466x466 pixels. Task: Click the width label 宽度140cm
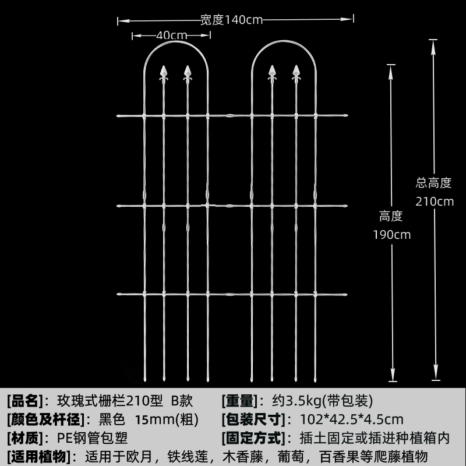point(231,20)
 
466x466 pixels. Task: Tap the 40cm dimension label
point(171,36)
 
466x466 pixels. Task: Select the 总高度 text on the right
point(434,183)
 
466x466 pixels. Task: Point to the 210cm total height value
point(434,202)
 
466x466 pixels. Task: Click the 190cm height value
point(391,235)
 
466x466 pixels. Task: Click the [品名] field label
point(25,401)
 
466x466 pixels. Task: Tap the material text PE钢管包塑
point(92,437)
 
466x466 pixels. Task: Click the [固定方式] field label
point(253,437)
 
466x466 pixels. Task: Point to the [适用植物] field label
point(38,456)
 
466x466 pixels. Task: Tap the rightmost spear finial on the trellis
point(296,72)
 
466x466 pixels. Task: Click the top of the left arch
point(175,43)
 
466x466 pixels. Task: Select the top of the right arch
point(284,43)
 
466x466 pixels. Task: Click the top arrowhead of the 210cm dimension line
point(433,43)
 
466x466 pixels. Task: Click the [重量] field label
point(239,401)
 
